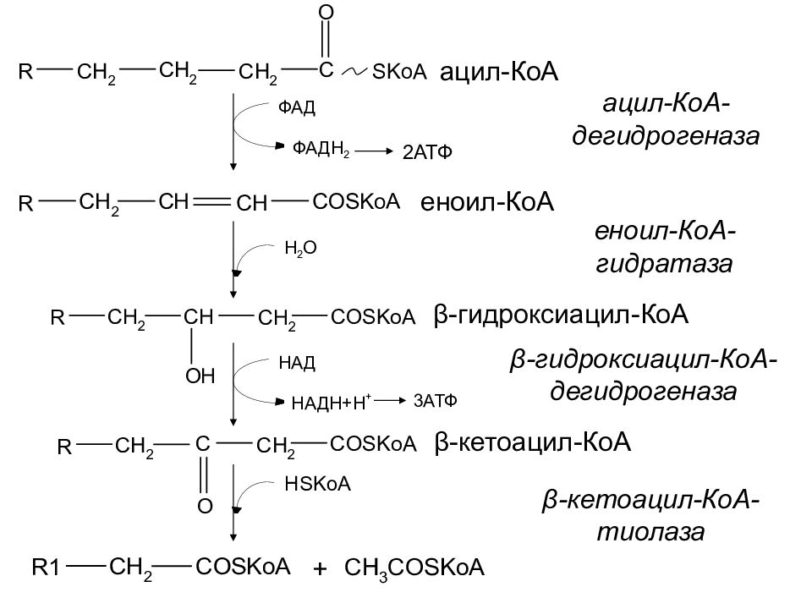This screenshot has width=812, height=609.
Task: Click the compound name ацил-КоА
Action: pos(500,74)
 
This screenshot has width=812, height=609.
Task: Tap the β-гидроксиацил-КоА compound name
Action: pos(562,315)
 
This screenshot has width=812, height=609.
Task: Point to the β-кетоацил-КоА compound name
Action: pos(534,443)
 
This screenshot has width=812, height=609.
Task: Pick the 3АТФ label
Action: pos(436,401)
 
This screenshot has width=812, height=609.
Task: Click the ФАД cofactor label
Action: pos(297,108)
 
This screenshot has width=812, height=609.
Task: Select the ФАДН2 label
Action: pos(321,148)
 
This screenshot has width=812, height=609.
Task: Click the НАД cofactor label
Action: pos(297,363)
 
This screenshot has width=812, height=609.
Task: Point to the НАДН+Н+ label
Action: pos(326,403)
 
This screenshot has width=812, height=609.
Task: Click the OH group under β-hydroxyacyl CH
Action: pos(200,376)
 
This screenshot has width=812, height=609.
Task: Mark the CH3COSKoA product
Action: pos(415,568)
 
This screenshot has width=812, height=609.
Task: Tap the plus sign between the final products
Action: pos(320,570)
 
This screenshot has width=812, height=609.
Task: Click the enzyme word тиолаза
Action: pos(650,534)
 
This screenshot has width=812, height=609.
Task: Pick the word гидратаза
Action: pos(661,264)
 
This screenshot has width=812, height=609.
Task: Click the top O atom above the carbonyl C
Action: pos(326,13)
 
